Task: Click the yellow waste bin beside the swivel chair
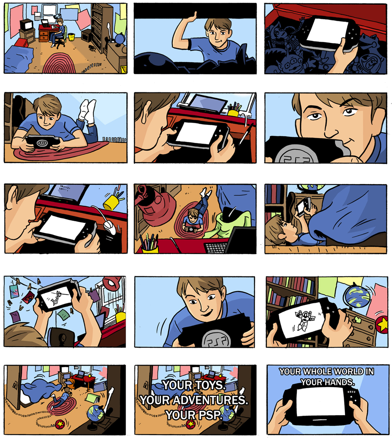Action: point(71,37)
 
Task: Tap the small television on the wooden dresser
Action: point(26,25)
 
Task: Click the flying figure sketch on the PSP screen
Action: point(57,297)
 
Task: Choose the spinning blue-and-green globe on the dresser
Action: point(357,296)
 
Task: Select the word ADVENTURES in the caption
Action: point(210,400)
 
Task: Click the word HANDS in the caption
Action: point(339,382)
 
